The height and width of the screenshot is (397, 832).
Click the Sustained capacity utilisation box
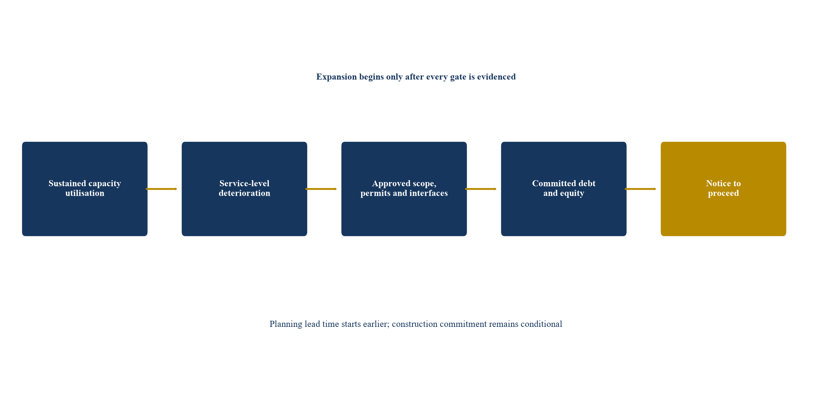(85, 189)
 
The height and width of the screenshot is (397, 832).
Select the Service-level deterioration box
(245, 189)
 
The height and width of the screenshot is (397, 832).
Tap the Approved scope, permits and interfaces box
(404, 189)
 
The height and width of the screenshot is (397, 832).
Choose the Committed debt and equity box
(564, 189)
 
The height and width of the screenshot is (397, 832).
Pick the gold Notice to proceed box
(723, 189)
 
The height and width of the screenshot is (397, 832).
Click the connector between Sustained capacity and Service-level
(161, 189)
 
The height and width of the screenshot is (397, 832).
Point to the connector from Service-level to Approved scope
(321, 189)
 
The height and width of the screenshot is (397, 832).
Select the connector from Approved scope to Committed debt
(481, 189)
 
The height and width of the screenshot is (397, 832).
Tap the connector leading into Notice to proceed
(640, 189)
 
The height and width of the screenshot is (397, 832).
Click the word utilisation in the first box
(85, 193)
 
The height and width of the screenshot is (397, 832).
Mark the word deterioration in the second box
(245, 193)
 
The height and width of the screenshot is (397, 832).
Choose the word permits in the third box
(373, 194)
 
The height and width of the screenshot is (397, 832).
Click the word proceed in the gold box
(723, 194)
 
